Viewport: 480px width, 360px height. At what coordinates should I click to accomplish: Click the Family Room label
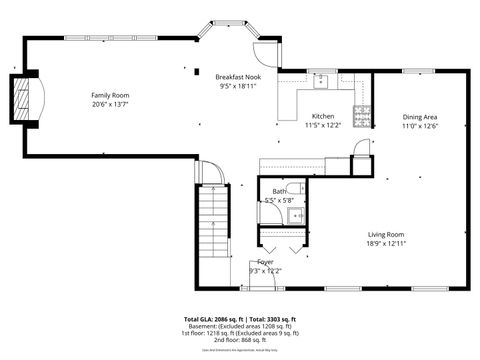pos(110,94)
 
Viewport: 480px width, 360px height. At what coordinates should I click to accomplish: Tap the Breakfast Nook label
pos(237,77)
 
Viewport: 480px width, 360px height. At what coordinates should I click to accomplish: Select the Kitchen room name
pos(323,116)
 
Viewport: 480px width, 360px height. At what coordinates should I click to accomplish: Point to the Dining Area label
pos(420,116)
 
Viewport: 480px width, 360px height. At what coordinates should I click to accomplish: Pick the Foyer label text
pos(265,262)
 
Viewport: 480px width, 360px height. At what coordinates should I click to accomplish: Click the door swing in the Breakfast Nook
pos(264,52)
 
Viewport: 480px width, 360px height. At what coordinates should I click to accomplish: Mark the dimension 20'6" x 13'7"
pos(110,103)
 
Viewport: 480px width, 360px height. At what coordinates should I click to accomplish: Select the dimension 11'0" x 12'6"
pos(420,125)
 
